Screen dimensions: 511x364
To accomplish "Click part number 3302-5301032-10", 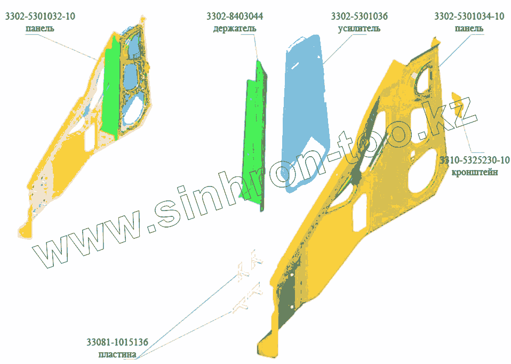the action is (40, 17).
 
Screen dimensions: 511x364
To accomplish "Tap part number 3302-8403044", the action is (235, 17).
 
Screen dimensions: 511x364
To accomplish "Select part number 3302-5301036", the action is (359, 17).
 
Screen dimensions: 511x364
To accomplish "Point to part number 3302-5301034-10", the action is (469, 17).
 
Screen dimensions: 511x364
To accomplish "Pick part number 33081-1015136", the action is (117, 342).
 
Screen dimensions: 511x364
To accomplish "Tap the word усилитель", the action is (359, 28).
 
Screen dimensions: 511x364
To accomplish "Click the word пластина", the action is (117, 354).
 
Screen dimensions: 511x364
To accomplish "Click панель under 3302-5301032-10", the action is (40, 28).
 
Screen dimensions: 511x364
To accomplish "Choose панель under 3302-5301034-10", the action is (469, 28).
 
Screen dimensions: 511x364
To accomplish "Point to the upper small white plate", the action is (248, 266).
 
